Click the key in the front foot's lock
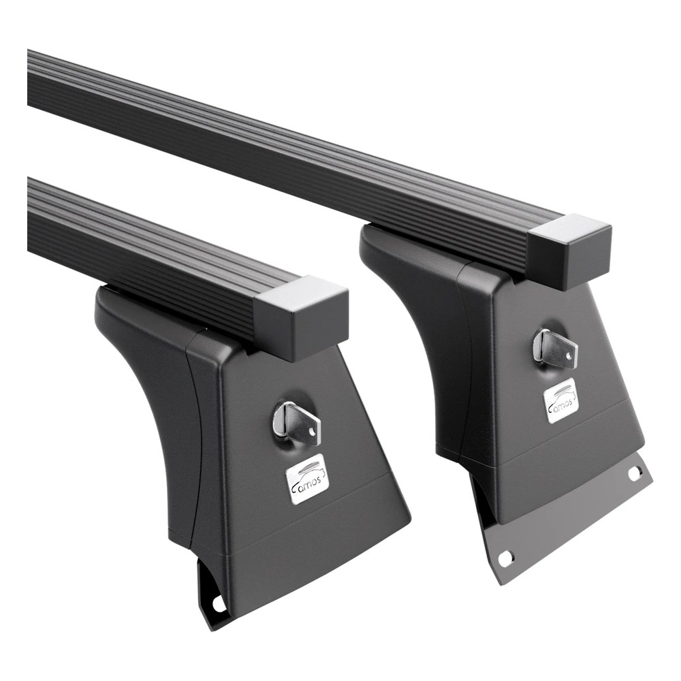[298, 422]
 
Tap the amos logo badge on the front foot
[308, 480]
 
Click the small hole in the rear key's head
[569, 355]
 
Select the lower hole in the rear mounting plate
[505, 559]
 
